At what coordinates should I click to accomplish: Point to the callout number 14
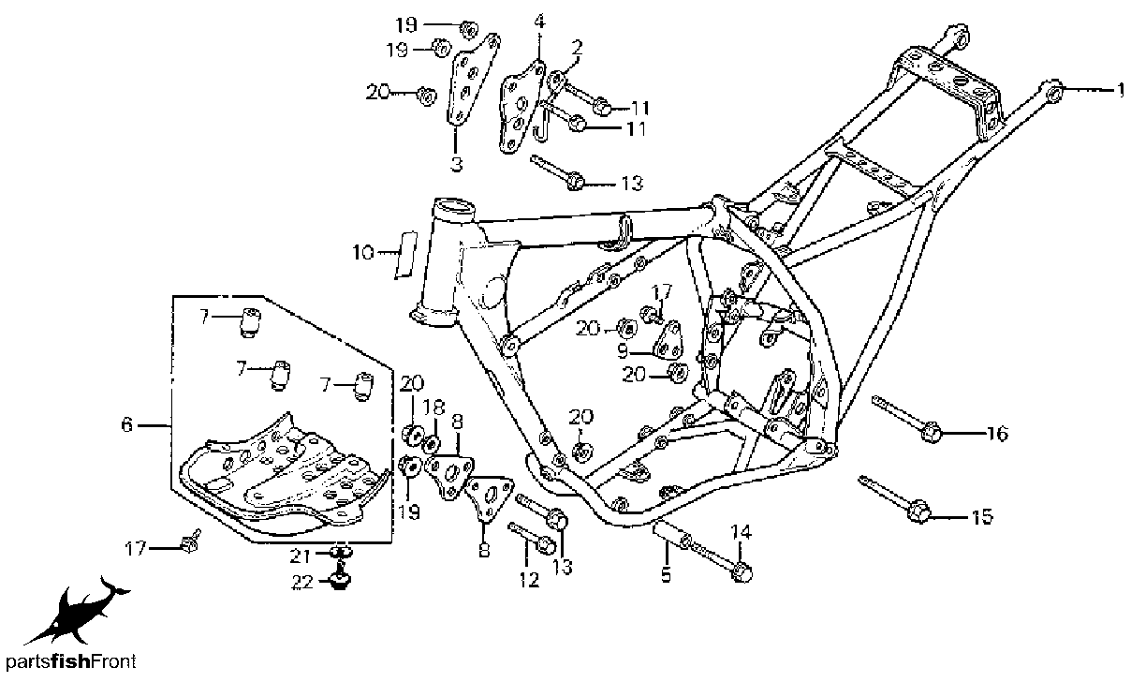tap(741, 533)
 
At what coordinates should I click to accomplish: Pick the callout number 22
tap(301, 583)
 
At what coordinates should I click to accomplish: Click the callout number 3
tap(456, 165)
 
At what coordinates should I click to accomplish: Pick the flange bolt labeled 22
tap(339, 582)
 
